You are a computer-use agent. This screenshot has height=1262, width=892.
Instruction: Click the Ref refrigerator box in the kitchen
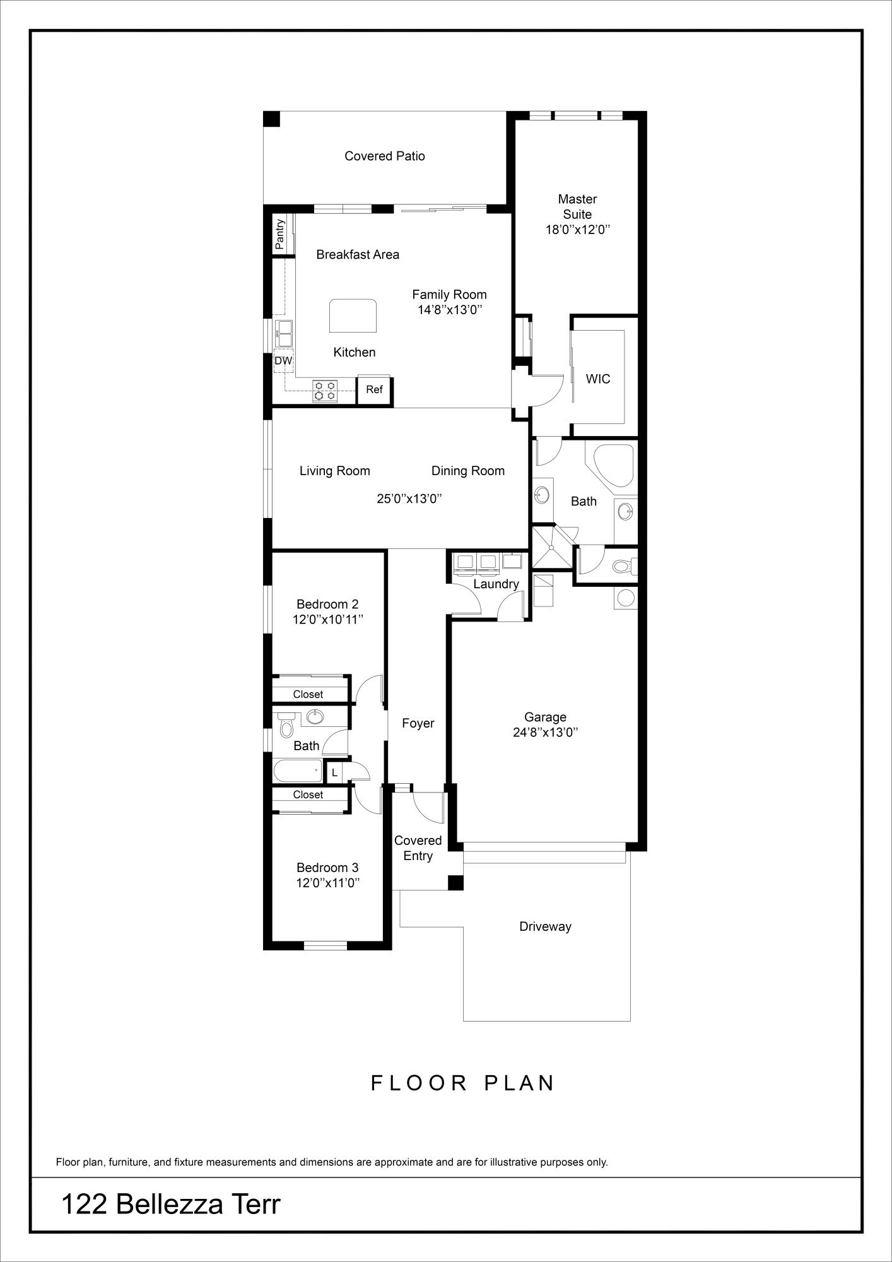pyautogui.click(x=375, y=390)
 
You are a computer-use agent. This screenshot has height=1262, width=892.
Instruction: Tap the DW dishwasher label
pyautogui.click(x=283, y=361)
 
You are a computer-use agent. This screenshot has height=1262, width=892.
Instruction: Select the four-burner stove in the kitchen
pyautogui.click(x=325, y=391)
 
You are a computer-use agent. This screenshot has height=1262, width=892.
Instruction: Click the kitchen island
pyautogui.click(x=353, y=315)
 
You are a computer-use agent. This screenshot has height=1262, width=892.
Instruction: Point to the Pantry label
pyautogui.click(x=280, y=233)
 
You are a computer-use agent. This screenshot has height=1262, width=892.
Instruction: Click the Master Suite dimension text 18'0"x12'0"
pyautogui.click(x=577, y=230)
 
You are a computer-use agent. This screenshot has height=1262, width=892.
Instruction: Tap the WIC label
pyautogui.click(x=598, y=379)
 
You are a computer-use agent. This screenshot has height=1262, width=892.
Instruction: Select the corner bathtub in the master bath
pyautogui.click(x=609, y=465)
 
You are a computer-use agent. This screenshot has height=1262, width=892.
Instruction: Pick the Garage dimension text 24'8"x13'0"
pyautogui.click(x=546, y=732)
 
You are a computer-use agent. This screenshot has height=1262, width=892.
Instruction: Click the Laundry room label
pyautogui.click(x=496, y=584)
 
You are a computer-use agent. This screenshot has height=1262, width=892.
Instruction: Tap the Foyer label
pyautogui.click(x=418, y=723)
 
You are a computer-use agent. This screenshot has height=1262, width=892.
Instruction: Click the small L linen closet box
pyautogui.click(x=335, y=772)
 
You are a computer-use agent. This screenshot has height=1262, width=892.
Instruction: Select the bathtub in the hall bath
pyautogui.click(x=298, y=771)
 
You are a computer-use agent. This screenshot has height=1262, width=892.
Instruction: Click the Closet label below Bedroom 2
pyautogui.click(x=308, y=694)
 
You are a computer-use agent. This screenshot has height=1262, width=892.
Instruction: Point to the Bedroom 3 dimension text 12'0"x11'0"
pyautogui.click(x=328, y=882)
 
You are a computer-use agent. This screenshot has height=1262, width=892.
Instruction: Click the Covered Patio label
pyautogui.click(x=385, y=156)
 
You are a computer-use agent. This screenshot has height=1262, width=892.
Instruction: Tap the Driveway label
pyautogui.click(x=545, y=926)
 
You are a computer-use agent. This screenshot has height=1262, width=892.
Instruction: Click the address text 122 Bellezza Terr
pyautogui.click(x=170, y=1205)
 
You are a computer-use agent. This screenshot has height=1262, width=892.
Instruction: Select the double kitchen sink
pyautogui.click(x=284, y=333)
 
